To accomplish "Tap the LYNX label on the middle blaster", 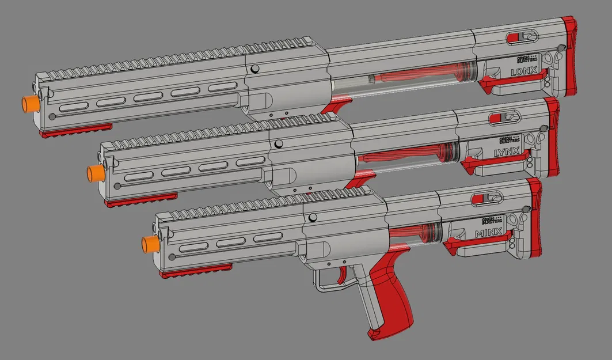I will (507, 153).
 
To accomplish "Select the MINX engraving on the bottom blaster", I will (488, 233).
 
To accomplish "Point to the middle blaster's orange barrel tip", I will (94, 172).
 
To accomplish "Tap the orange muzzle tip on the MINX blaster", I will (150, 244).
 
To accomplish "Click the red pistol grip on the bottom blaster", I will (391, 294).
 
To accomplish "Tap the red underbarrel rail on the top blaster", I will (75, 130).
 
